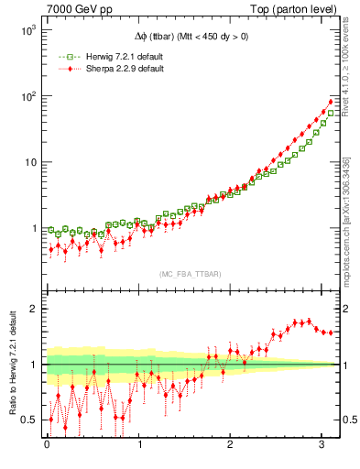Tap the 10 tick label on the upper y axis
pyautogui.click(x=28, y=162)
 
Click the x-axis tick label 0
pyautogui.click(x=48, y=445)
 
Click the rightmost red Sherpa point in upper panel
pyautogui.click(x=331, y=102)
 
